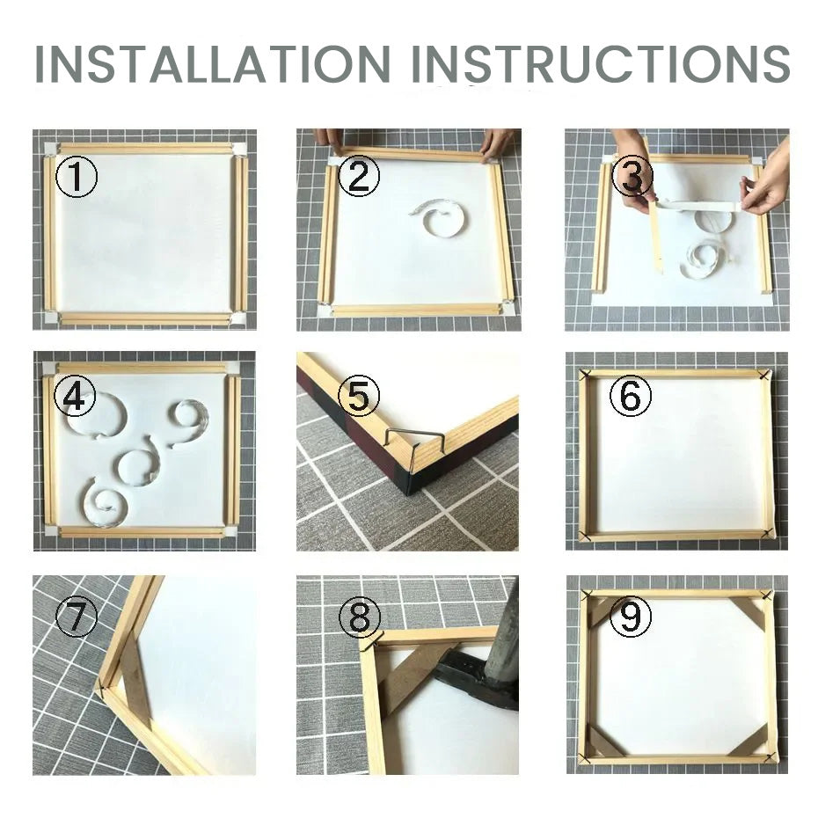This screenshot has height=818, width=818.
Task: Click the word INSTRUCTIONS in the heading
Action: coord(602,62)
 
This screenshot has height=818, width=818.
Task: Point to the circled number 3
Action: coord(632,177)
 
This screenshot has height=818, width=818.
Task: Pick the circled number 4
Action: coord(75,398)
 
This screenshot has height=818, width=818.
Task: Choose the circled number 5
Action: coord(358,397)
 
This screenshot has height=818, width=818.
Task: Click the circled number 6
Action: coord(630,398)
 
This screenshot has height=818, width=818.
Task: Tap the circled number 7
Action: coord(76,618)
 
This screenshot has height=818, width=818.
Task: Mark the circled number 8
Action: coord(359,619)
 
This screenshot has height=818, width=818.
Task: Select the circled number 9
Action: coord(630,618)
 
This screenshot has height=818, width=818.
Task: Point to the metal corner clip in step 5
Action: coord(406,446)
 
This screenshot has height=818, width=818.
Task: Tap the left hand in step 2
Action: coord(329,137)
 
